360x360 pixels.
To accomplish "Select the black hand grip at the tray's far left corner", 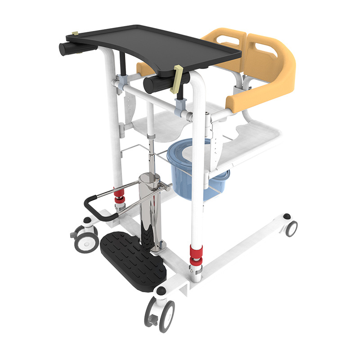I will (x=67, y=48).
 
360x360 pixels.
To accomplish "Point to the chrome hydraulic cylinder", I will (x=148, y=211).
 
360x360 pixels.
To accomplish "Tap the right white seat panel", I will (x=252, y=139).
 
